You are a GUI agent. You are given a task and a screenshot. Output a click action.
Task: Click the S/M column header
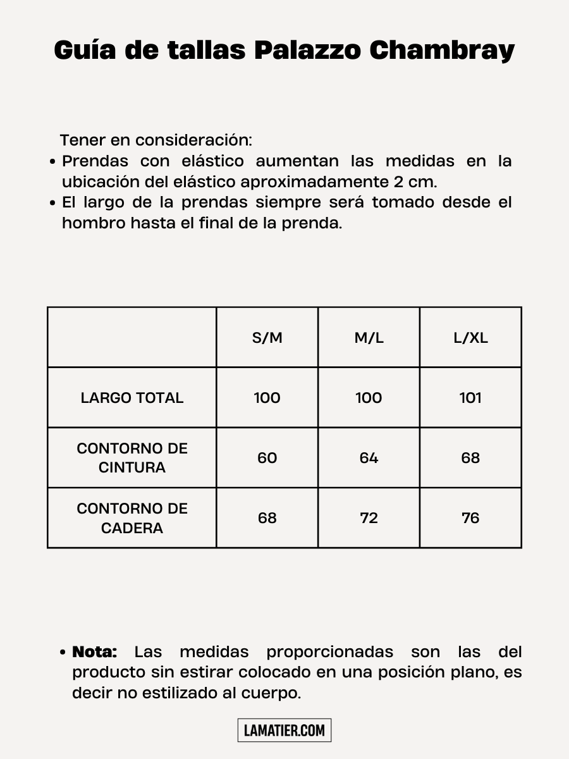click(x=267, y=338)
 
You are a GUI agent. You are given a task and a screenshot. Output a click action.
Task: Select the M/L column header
click(x=369, y=338)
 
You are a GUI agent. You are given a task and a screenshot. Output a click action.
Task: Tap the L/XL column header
click(x=470, y=338)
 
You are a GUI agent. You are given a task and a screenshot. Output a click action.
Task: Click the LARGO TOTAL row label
click(x=132, y=398)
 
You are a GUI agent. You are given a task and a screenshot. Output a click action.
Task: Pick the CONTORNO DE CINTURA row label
click(x=132, y=458)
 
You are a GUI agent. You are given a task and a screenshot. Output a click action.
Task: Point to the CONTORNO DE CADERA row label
click(x=132, y=518)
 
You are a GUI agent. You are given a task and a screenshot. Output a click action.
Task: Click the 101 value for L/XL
click(x=470, y=398)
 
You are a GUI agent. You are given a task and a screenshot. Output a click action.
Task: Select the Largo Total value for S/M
click(x=267, y=398)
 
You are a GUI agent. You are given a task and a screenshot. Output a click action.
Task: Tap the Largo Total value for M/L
click(x=369, y=398)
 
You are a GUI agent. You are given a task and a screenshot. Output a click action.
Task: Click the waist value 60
click(x=267, y=458)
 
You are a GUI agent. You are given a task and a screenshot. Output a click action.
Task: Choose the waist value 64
click(x=369, y=458)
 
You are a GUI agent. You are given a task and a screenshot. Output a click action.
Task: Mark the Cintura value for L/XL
click(x=470, y=458)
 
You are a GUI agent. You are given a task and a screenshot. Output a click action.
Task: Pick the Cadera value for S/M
click(x=267, y=518)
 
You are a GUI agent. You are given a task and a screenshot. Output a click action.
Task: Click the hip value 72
click(x=369, y=518)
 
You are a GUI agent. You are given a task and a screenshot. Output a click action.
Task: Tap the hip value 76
click(x=470, y=518)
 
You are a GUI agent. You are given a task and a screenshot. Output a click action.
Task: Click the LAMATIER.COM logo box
click(x=284, y=731)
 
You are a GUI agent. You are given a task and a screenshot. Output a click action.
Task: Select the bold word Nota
click(x=95, y=651)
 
